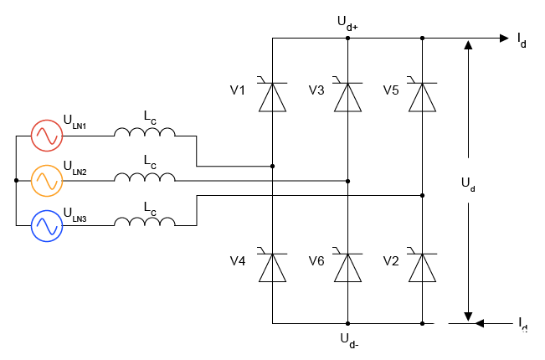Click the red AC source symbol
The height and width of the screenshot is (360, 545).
[46, 134]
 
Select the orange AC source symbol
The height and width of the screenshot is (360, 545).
[46, 180]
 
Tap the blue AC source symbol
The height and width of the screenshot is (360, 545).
[46, 226]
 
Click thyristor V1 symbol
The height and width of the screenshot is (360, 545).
[272, 96]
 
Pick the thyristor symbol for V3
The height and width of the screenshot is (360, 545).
[347, 96]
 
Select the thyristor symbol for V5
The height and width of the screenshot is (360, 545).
[422, 96]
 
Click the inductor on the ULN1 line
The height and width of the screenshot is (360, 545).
[145, 133]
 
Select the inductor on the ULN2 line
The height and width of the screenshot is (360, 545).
[145, 178]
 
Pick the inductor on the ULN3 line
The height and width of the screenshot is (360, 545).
[145, 224]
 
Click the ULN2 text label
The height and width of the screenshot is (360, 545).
[75, 172]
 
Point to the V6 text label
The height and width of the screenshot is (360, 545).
[316, 261]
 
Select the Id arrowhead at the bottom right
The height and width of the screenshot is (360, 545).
[477, 322]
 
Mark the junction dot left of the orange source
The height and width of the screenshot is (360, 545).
[16, 180]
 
